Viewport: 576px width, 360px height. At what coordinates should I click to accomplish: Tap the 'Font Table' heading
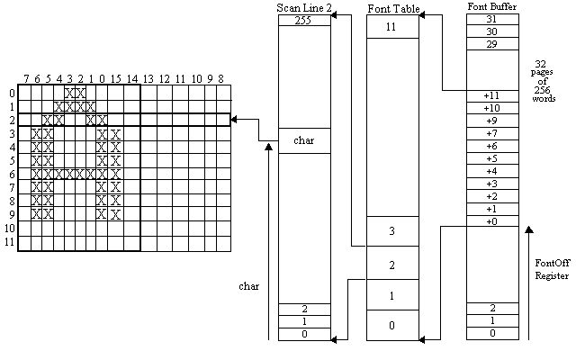[x=392, y=8]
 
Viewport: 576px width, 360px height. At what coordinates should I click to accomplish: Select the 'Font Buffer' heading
[x=491, y=7]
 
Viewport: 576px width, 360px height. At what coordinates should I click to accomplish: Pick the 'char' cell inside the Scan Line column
[x=304, y=140]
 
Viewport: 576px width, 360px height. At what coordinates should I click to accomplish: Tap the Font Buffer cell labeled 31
[x=491, y=19]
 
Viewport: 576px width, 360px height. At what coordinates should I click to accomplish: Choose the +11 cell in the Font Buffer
[x=491, y=94]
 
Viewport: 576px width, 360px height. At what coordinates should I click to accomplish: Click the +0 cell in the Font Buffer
[x=491, y=220]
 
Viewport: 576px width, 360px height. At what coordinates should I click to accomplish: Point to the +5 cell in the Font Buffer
[x=491, y=157]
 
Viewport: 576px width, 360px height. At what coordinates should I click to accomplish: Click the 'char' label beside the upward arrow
[x=248, y=286]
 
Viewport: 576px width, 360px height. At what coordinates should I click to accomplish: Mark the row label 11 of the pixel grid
[x=11, y=243]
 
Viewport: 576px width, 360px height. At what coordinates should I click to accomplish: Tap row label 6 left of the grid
[x=11, y=174]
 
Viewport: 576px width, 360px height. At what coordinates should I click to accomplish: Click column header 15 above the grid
[x=115, y=79]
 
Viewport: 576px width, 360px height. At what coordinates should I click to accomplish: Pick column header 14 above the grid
[x=131, y=79]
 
